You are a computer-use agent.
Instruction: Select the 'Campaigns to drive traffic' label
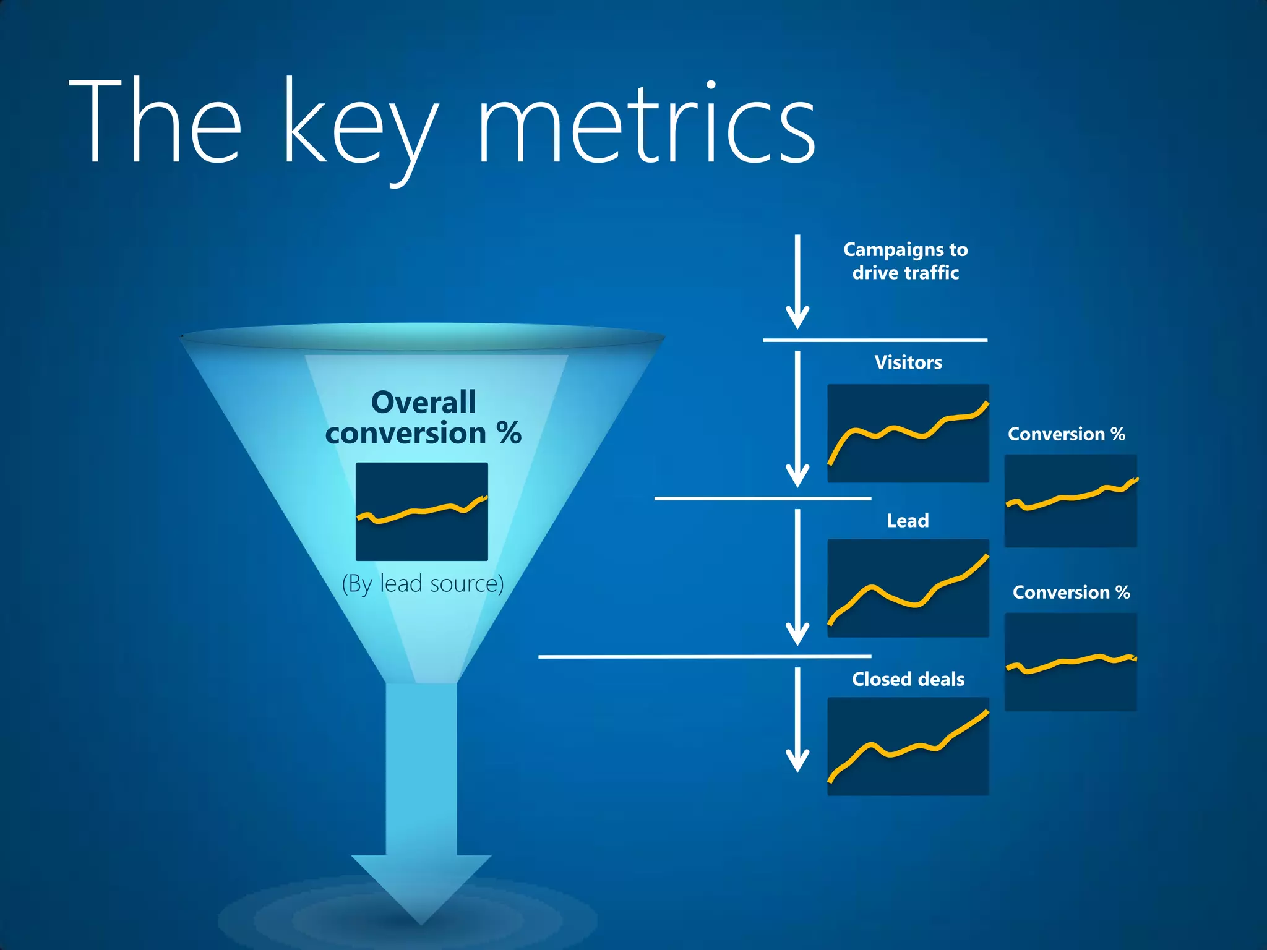point(905,261)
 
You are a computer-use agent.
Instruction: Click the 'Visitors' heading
point(908,362)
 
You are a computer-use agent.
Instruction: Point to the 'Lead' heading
point(907,521)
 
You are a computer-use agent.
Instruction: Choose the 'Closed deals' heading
point(908,679)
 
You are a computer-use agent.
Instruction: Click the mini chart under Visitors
point(908,433)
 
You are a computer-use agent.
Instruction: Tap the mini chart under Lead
point(908,588)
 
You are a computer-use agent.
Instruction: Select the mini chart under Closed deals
point(908,747)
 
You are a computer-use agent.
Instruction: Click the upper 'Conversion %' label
point(1066,434)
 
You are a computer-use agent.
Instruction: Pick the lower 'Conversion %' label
point(1071,593)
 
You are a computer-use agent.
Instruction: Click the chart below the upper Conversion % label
point(1070,501)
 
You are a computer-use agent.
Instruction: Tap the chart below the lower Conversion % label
point(1070,662)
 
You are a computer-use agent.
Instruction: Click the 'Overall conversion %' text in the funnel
point(423,418)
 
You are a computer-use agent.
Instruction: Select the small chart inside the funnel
point(421,511)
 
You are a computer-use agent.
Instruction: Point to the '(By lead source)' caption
point(423,584)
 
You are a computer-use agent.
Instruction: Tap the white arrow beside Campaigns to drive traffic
point(797,281)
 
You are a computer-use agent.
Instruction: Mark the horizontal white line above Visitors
point(875,340)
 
